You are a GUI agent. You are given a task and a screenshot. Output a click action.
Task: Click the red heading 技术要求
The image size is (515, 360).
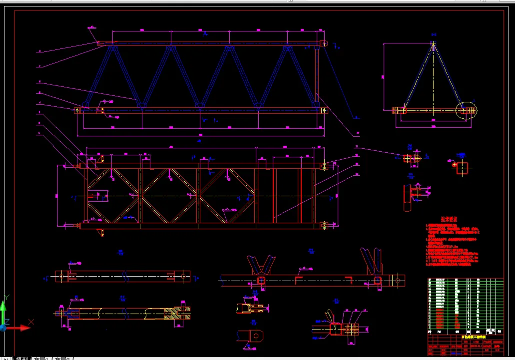pos(449,219)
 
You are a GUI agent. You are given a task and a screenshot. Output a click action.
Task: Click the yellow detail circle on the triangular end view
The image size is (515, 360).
pos(466,110)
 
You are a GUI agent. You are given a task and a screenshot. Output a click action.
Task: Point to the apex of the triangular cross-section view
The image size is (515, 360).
pos(433,44)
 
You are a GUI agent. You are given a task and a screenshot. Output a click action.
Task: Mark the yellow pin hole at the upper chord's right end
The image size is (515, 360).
pos(323,43)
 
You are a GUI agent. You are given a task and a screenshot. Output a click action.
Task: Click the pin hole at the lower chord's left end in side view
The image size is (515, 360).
pos(78,110)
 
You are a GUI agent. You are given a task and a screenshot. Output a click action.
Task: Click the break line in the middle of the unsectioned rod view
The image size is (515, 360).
pos(126,275)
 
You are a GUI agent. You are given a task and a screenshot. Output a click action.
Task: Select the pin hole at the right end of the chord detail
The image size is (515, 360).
pos(398,280)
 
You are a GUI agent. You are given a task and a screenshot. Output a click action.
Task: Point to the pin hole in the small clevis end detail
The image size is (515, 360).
pos(255,336)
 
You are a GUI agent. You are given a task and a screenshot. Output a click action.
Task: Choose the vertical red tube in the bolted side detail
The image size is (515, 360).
pos(408,197)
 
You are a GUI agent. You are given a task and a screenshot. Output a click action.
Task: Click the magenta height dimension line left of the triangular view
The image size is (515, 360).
pos(384,76)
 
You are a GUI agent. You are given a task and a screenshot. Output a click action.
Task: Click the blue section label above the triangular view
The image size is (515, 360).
pos(433,35)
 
